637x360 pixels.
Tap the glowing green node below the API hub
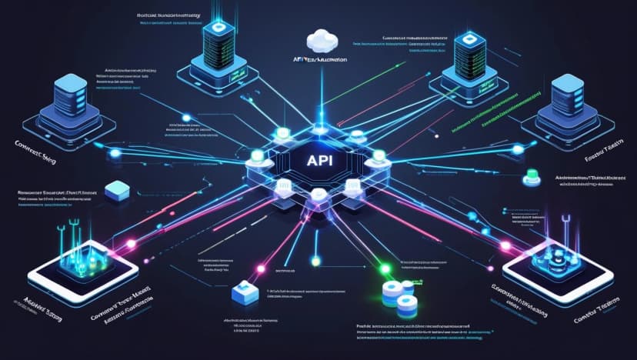click(385, 271)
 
